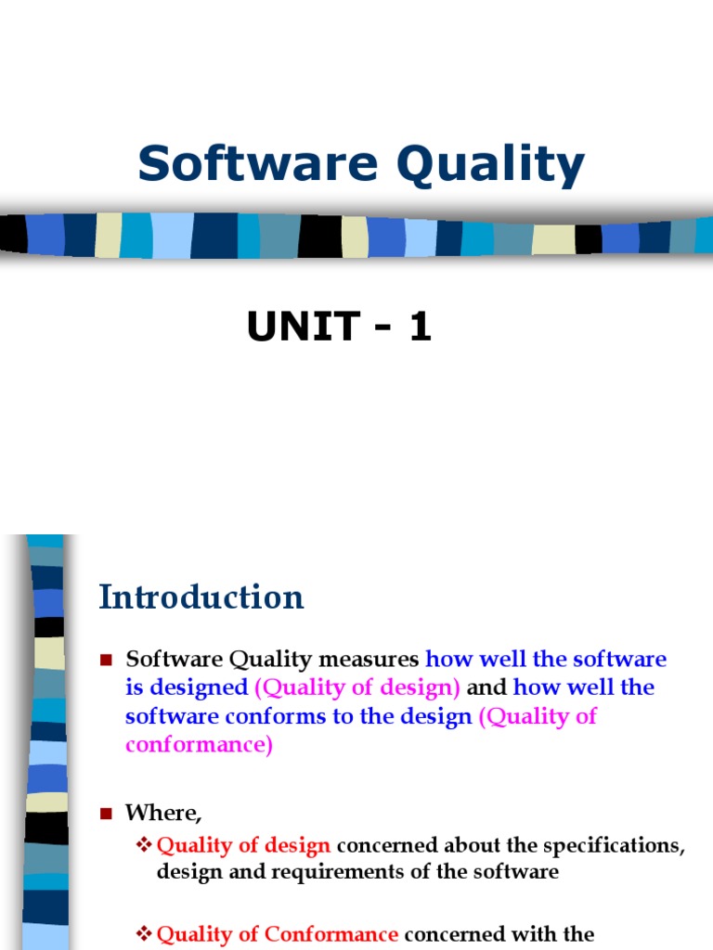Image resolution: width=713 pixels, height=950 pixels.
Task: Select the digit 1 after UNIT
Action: click(x=420, y=327)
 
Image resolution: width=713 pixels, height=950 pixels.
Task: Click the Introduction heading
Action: click(x=201, y=597)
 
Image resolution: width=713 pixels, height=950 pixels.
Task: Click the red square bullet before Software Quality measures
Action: click(x=106, y=661)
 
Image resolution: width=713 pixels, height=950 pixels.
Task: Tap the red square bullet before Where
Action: click(x=106, y=814)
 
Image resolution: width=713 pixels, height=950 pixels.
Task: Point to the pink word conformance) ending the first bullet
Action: click(x=199, y=745)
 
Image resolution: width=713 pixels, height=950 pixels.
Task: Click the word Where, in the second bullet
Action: click(x=163, y=813)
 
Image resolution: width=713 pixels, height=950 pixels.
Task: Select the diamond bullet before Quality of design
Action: click(x=144, y=845)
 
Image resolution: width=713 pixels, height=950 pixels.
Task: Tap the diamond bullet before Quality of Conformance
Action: click(x=144, y=933)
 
